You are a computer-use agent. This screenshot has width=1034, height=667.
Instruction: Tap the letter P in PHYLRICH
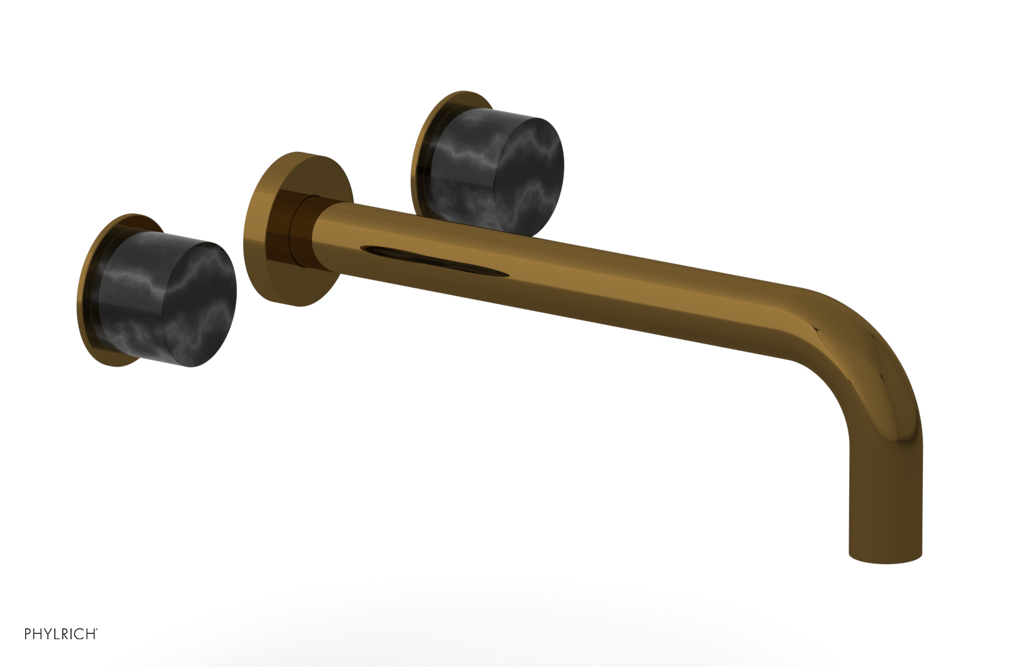pos(28,634)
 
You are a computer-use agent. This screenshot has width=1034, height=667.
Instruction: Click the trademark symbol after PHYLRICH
pos(98,630)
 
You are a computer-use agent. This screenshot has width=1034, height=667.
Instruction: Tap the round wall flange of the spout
pos(265,233)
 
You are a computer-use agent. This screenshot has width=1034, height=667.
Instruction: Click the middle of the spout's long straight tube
pos(549,278)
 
